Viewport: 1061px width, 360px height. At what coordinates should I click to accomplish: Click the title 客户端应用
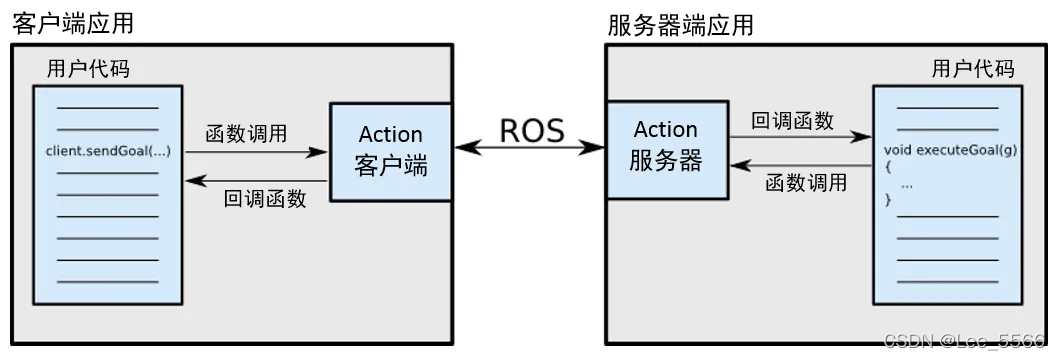point(72,24)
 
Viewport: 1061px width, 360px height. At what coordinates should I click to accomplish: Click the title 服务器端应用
point(680,25)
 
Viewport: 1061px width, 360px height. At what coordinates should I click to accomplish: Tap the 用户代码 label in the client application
point(88,70)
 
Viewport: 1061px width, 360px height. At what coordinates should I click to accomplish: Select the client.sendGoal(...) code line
point(108,151)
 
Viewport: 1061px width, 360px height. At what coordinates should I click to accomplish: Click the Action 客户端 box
point(390,150)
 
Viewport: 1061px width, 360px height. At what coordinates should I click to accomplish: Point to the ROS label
point(531,130)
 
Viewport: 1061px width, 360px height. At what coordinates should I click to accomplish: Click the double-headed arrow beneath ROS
point(531,148)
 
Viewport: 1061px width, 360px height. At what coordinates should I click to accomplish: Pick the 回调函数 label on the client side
point(265,198)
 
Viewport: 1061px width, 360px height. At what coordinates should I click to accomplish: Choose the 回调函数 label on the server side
point(792,121)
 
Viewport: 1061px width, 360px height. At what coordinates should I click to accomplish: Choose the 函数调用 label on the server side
point(806,183)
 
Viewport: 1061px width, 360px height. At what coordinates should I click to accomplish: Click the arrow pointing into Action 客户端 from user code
point(257,153)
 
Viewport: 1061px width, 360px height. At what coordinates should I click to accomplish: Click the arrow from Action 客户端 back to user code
point(257,180)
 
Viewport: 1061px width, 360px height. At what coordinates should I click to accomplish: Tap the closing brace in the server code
point(888,201)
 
